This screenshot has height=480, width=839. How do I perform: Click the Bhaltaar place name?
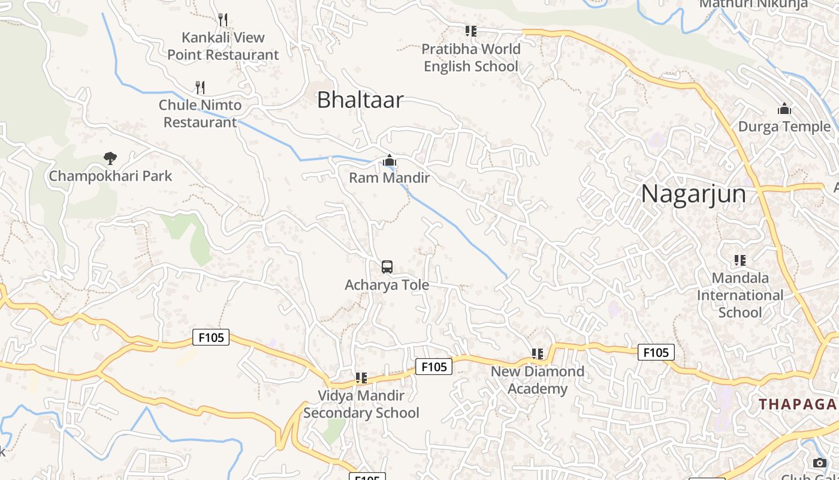(360, 100)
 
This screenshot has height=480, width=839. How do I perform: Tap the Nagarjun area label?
(693, 194)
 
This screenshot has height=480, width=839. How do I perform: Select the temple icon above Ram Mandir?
(390, 161)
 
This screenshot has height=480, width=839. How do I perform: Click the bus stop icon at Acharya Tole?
(387, 267)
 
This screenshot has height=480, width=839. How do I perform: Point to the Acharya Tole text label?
(387, 284)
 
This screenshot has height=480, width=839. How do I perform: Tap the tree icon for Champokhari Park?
(110, 158)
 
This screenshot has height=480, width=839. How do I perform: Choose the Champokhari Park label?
(110, 176)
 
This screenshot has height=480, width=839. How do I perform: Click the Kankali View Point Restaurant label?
(223, 46)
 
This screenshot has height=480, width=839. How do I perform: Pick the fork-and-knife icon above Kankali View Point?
(223, 20)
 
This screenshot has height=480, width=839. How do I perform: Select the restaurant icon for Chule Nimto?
(200, 88)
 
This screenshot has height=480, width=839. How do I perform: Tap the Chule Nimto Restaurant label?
(200, 113)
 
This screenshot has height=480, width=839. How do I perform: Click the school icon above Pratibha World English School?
(471, 31)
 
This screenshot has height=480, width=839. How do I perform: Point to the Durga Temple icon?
(784, 109)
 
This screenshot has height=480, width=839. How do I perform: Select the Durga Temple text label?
(784, 127)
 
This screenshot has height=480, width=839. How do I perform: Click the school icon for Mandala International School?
(740, 260)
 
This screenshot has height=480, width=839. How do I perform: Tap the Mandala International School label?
(740, 295)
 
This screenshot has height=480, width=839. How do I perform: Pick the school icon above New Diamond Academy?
(538, 354)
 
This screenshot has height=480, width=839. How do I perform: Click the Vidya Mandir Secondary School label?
(361, 404)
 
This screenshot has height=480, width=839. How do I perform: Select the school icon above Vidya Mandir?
(361, 378)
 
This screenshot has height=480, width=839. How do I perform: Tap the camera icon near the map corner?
(819, 463)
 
